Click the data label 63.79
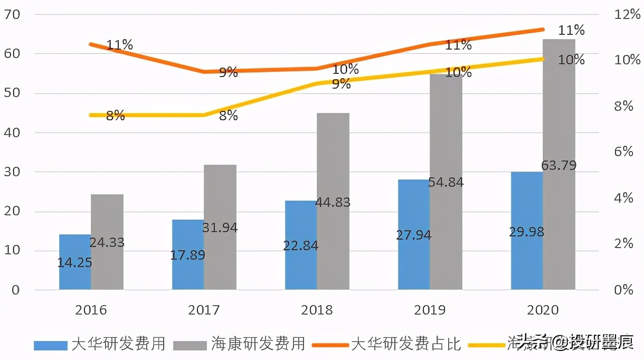558,165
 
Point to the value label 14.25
75,262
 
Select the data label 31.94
220,228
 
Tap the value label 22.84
301,246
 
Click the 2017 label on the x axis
204,310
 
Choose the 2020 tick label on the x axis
543,310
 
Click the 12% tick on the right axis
628,14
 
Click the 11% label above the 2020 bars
572,30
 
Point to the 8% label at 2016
116,116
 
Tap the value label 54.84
446,183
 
